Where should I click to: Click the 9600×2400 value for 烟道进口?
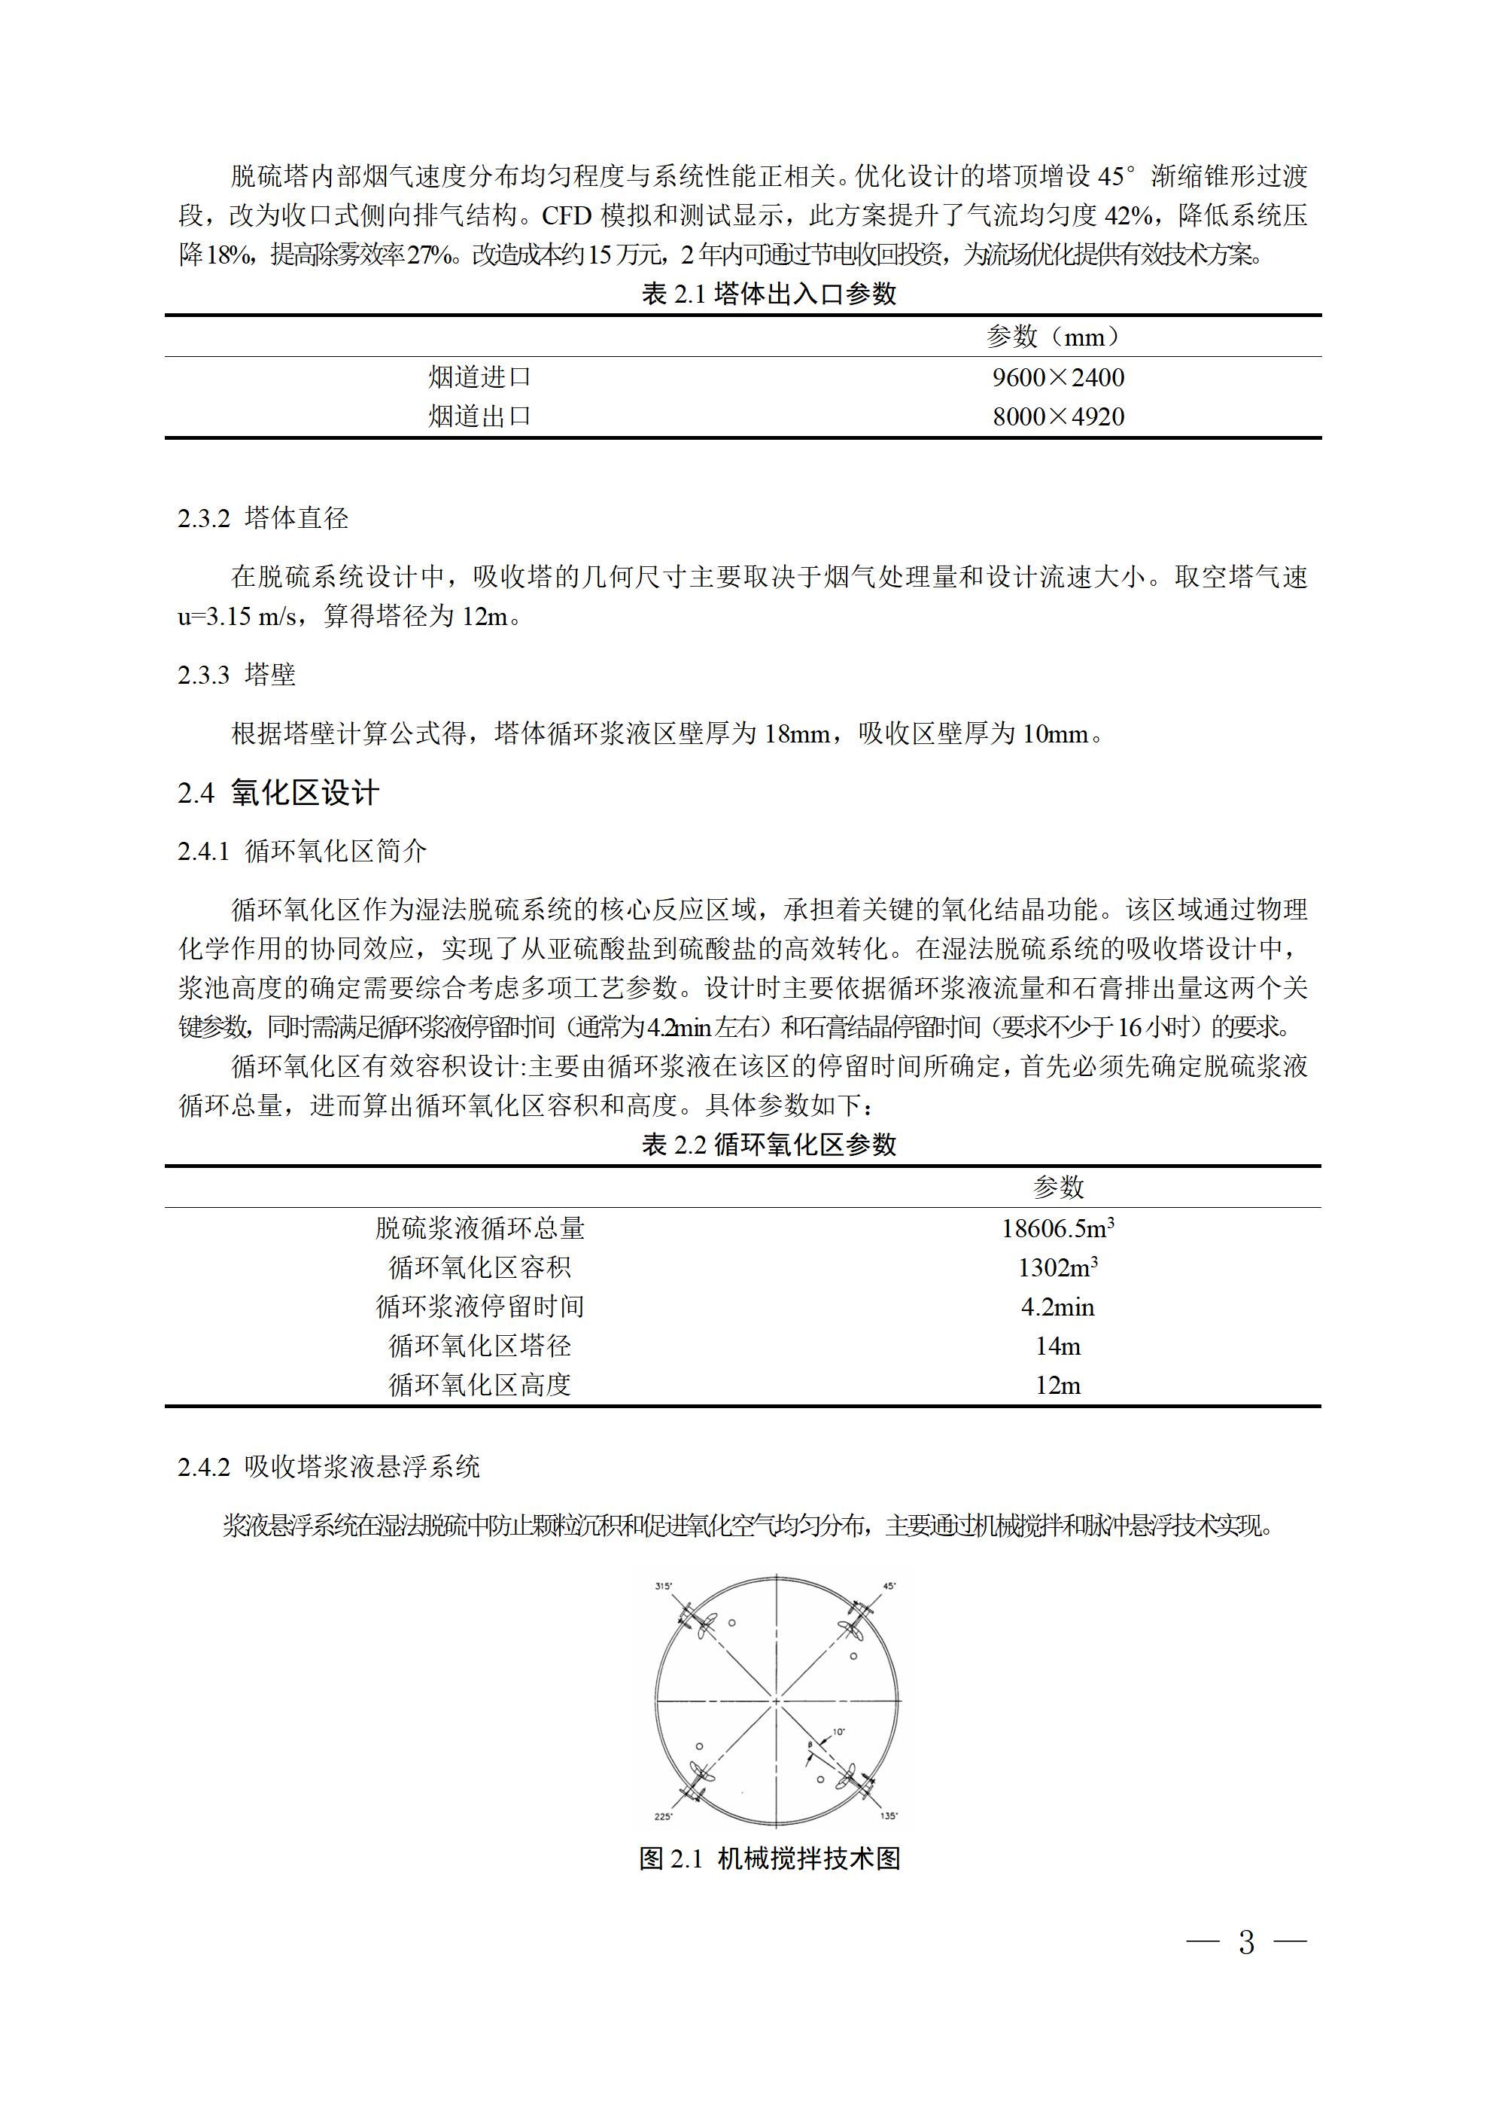click(1058, 377)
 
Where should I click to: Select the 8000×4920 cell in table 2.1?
click(1058, 417)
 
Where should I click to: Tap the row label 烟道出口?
click(479, 417)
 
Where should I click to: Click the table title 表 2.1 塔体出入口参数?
click(768, 294)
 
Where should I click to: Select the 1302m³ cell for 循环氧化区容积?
click(1058, 1268)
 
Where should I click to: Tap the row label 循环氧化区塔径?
click(479, 1346)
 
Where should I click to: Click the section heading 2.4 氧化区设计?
click(278, 793)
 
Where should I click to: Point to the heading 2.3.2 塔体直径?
click(263, 518)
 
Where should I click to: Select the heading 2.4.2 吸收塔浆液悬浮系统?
click(328, 1467)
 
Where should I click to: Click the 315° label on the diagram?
click(663, 1587)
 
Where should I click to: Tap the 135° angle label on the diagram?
click(889, 1816)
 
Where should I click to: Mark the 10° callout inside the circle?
click(838, 1732)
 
